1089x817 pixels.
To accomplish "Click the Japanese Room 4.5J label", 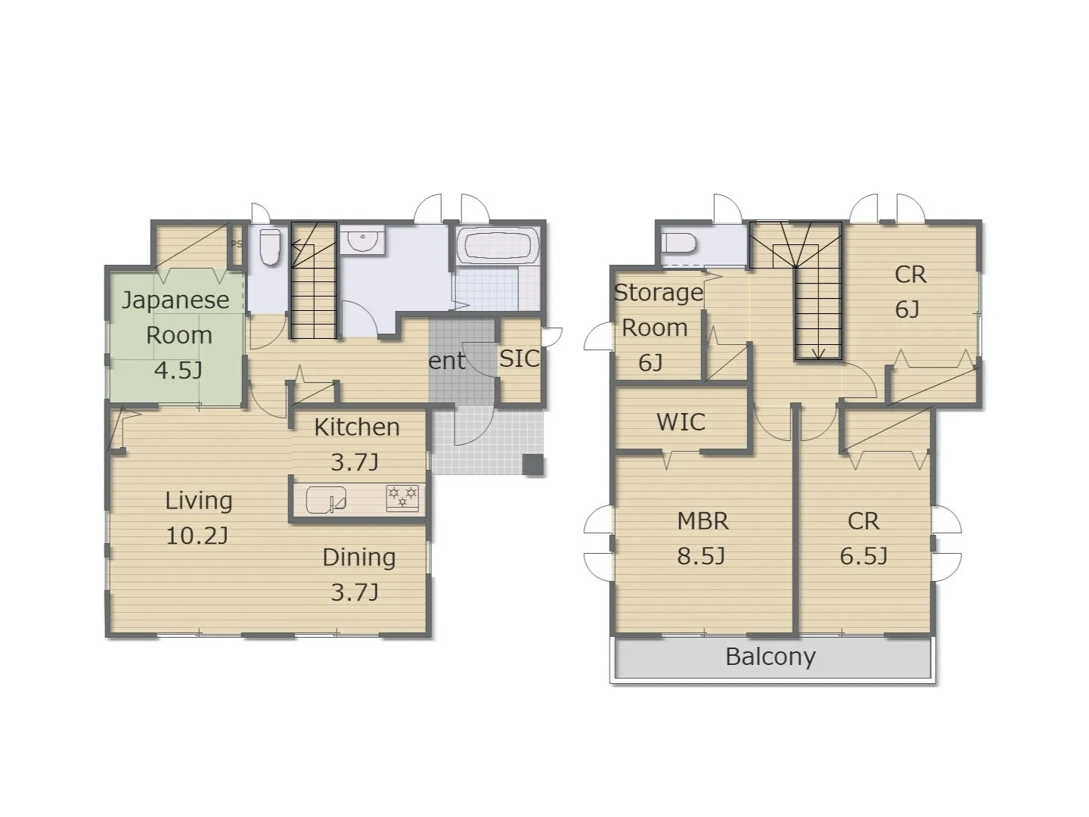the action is click(176, 335).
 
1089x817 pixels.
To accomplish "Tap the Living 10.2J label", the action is click(198, 518).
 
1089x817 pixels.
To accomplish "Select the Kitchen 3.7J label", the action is click(357, 444).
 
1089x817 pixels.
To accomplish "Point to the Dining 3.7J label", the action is click(358, 574).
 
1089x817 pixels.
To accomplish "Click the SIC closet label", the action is click(520, 358).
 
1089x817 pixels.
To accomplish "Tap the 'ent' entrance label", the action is click(446, 361).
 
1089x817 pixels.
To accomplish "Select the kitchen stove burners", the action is click(402, 498).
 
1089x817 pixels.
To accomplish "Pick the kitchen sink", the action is click(326, 499).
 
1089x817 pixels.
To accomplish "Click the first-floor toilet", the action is click(271, 247).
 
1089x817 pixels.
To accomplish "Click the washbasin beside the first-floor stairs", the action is click(363, 240).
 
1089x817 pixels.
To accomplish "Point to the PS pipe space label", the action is click(237, 244).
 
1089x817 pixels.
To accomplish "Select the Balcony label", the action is click(770, 657).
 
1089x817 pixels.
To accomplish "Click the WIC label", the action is click(681, 422).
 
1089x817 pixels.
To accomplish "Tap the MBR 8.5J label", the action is click(702, 538).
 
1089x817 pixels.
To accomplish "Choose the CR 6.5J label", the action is click(864, 538).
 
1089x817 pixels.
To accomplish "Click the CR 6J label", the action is click(910, 292).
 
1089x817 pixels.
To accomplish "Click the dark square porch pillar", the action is click(534, 465).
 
